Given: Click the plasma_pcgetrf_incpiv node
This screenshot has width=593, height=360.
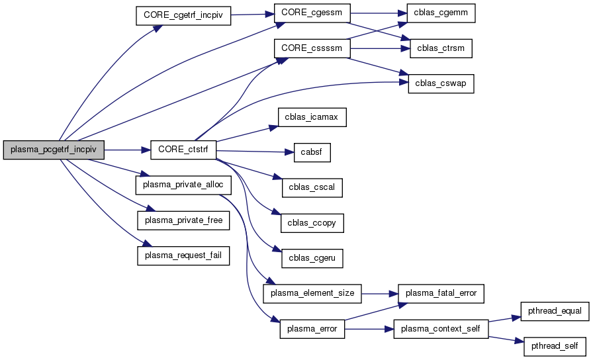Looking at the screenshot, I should pyautogui.click(x=54, y=150).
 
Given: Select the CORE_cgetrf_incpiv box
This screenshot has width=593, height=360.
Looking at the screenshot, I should pyautogui.click(x=183, y=16).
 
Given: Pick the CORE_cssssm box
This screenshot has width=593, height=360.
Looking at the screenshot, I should pyautogui.click(x=312, y=48).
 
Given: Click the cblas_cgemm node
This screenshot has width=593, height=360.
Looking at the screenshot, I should pyautogui.click(x=436, y=13).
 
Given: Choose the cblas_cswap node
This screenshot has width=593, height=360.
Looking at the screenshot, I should pyautogui.click(x=440, y=83).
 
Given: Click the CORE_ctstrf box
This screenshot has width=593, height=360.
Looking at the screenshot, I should pyautogui.click(x=184, y=150).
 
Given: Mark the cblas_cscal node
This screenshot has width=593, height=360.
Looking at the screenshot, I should pyautogui.click(x=312, y=187).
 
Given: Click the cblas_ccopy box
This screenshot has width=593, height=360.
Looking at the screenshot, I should pyautogui.click(x=312, y=222).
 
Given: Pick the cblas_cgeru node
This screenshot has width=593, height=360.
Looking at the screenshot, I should pyautogui.click(x=312, y=257).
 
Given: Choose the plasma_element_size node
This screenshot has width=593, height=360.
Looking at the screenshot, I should pyautogui.click(x=312, y=292).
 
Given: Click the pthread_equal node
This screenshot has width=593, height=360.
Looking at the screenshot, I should pyautogui.click(x=554, y=311).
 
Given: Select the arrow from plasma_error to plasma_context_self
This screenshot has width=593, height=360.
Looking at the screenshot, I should pyautogui.click(x=369, y=328).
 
